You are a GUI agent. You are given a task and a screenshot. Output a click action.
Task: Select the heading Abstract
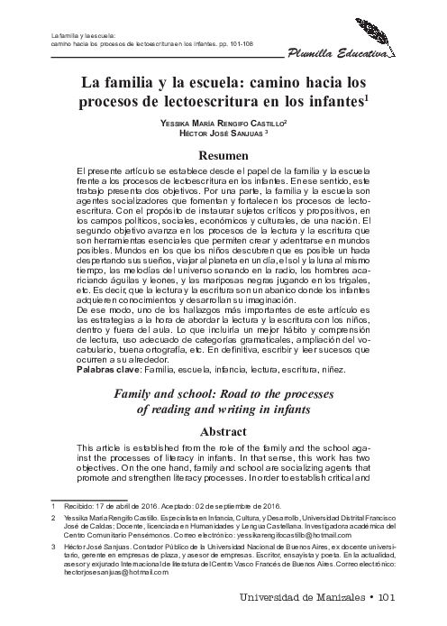223,431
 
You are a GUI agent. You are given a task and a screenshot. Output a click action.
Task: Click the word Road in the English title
231,393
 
